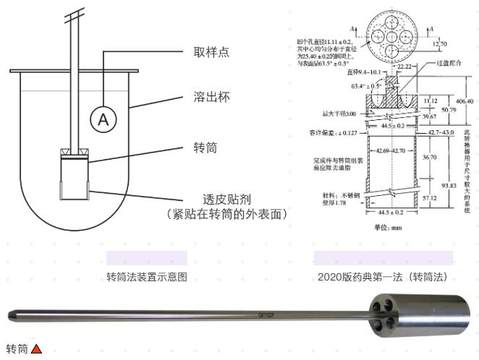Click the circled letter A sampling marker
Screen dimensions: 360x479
[x=103, y=120]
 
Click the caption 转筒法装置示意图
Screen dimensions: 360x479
[x=146, y=276]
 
